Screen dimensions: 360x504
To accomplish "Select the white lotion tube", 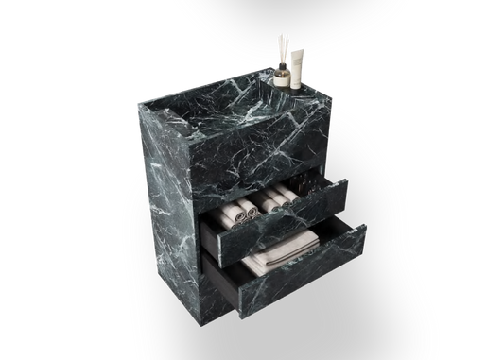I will [297, 65].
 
